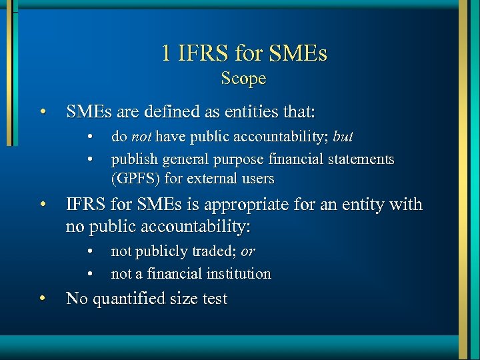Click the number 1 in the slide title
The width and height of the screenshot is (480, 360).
(x=166, y=53)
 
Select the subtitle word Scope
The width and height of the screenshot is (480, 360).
(x=243, y=78)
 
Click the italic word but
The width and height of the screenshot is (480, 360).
(x=343, y=137)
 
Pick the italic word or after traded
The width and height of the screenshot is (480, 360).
(x=247, y=251)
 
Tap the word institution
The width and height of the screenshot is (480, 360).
(x=239, y=273)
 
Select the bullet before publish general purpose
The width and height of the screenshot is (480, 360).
(x=89, y=159)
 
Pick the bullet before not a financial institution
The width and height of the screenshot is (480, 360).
(x=89, y=273)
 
